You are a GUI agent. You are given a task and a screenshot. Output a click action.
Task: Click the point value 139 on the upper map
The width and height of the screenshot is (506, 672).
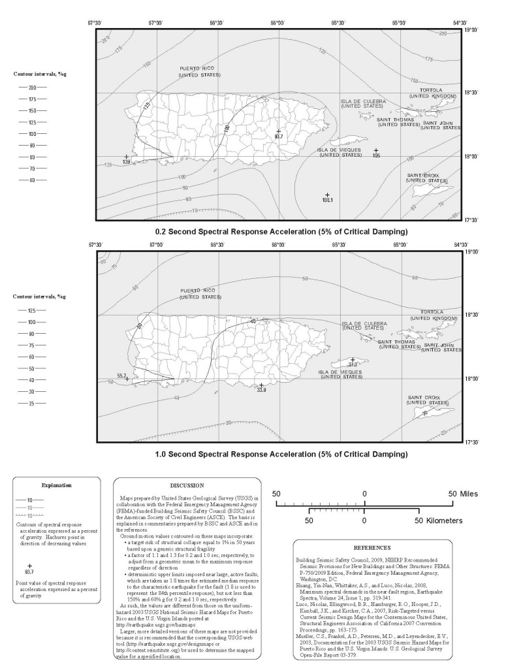[126, 161]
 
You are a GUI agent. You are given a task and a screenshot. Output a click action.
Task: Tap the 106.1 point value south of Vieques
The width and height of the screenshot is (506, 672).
[328, 200]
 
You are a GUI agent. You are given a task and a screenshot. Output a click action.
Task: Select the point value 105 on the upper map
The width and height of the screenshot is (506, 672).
[376, 155]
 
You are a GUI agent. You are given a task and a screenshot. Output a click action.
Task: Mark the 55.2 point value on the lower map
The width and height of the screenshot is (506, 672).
[121, 376]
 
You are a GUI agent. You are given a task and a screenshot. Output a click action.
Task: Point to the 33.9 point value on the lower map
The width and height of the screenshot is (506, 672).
[261, 390]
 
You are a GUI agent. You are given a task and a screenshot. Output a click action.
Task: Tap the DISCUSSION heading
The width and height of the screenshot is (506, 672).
[187, 486]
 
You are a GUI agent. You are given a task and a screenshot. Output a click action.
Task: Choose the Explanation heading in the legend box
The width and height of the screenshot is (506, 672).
[57, 485]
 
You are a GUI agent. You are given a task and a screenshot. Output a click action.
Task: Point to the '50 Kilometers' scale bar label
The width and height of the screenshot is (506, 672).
[438, 520]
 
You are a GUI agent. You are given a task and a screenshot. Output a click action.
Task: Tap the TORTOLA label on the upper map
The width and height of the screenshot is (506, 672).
[430, 90]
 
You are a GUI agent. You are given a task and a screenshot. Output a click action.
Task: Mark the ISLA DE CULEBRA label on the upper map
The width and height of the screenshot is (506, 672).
[363, 102]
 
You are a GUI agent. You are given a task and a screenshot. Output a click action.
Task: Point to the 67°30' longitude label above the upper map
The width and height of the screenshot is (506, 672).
[95, 23]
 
